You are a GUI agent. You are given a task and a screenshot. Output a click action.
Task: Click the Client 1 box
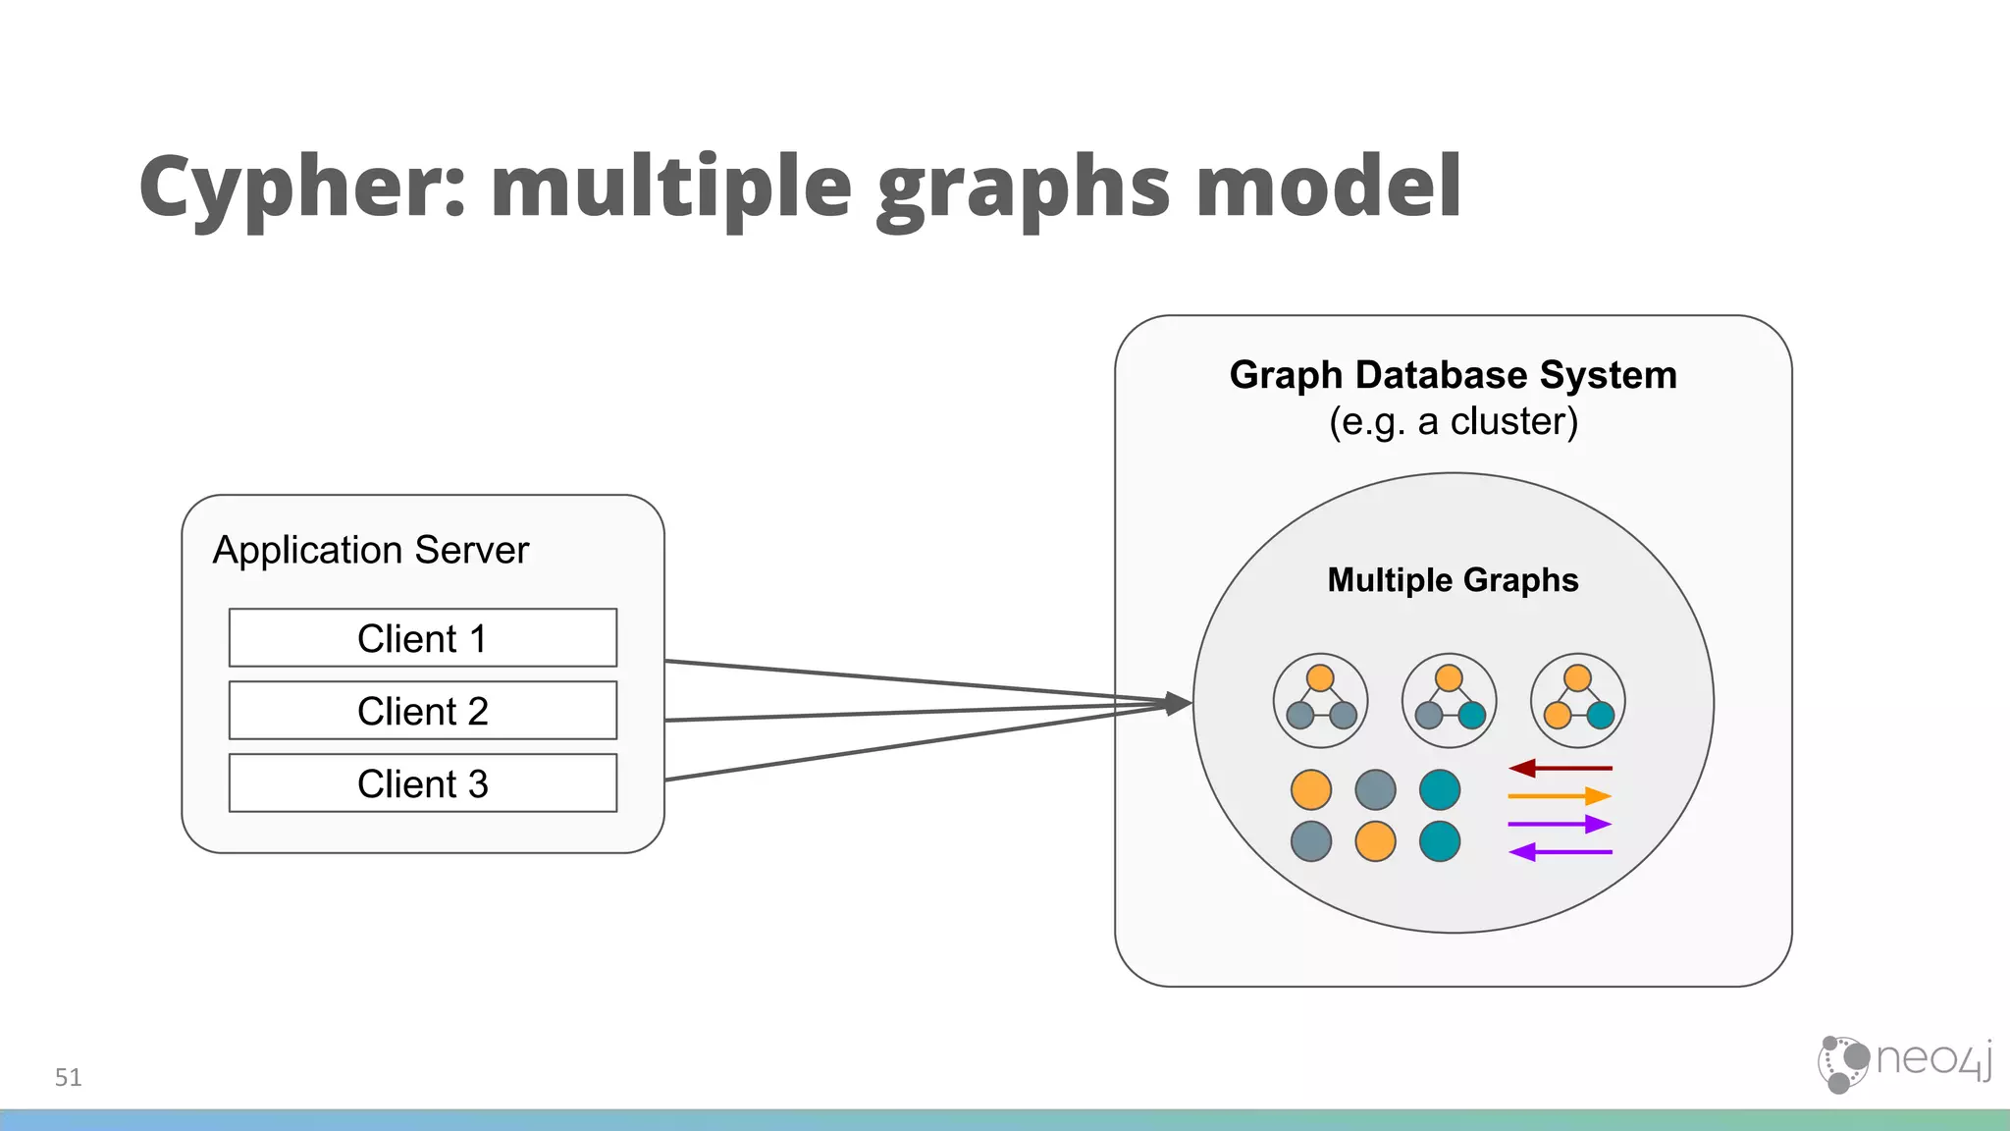[x=422, y=638]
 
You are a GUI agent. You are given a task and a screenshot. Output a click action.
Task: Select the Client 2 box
[x=422, y=711]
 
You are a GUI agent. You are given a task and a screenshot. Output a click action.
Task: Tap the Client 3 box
[x=422, y=783]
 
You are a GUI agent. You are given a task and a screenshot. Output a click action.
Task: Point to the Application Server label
[x=371, y=550]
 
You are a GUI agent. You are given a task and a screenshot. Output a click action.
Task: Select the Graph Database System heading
[x=1453, y=375]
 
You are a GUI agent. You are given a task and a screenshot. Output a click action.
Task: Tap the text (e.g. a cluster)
[x=1453, y=421]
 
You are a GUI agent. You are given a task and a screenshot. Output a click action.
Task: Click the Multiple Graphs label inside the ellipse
[x=1453, y=580]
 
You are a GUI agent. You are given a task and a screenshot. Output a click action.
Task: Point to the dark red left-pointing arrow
[x=1560, y=768]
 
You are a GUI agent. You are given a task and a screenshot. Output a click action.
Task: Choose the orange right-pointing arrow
[x=1560, y=795]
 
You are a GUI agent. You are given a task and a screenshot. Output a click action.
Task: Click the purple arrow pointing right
[x=1560, y=824]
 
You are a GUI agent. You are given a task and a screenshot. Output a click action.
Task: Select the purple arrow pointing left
[x=1560, y=852]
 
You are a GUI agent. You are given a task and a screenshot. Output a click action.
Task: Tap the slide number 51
[x=68, y=1077]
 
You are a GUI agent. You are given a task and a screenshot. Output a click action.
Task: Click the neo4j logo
[x=1904, y=1062]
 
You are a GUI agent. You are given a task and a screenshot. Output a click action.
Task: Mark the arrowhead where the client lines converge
[x=1178, y=703]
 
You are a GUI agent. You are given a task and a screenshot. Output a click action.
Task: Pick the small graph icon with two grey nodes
[x=1320, y=701]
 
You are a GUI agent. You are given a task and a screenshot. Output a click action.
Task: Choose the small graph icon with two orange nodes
[x=1577, y=701]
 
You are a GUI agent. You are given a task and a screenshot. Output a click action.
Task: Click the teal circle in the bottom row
[x=1440, y=841]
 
